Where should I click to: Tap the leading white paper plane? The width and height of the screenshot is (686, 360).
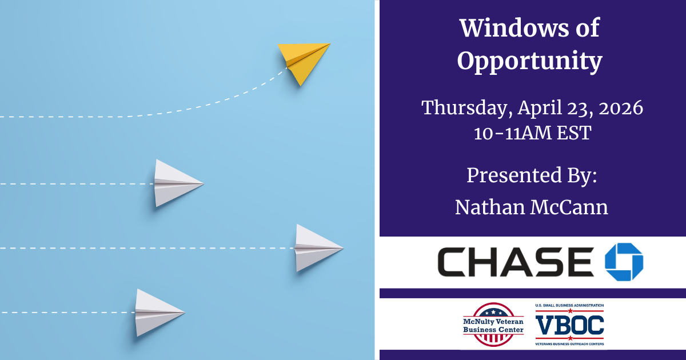317,248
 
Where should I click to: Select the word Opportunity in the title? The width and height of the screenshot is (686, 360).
529,61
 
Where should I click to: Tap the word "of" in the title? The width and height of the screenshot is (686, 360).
588,28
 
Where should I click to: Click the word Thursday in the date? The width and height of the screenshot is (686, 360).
466,108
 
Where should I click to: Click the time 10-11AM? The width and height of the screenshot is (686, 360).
512,133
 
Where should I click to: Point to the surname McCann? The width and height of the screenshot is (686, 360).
569,207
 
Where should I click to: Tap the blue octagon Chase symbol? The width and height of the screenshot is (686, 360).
624,262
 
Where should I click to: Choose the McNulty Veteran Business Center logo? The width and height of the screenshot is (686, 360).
493,325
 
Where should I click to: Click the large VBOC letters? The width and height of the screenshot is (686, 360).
569,325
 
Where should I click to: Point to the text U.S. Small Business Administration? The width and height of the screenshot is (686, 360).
569,306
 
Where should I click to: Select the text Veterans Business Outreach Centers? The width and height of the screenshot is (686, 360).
569,344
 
